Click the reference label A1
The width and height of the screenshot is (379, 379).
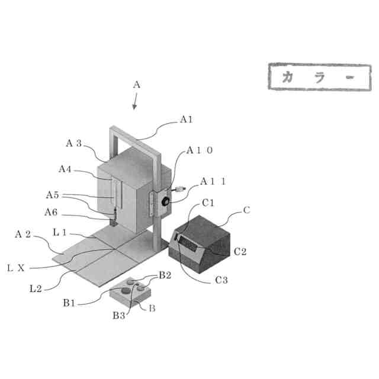(x=187, y=120)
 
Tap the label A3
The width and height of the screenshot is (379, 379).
(x=73, y=143)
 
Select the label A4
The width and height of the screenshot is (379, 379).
(x=65, y=169)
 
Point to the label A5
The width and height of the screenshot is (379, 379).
(x=53, y=194)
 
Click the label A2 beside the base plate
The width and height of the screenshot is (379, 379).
(x=23, y=235)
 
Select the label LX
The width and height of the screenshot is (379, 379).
(x=16, y=268)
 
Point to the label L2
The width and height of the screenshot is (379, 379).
(x=36, y=288)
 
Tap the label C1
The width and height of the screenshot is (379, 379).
(x=208, y=203)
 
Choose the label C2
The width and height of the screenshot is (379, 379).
(x=240, y=252)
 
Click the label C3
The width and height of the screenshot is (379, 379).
(x=221, y=280)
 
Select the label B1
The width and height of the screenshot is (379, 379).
(x=69, y=303)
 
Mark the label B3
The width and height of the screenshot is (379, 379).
(x=120, y=316)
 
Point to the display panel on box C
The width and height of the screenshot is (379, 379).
(x=190, y=243)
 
